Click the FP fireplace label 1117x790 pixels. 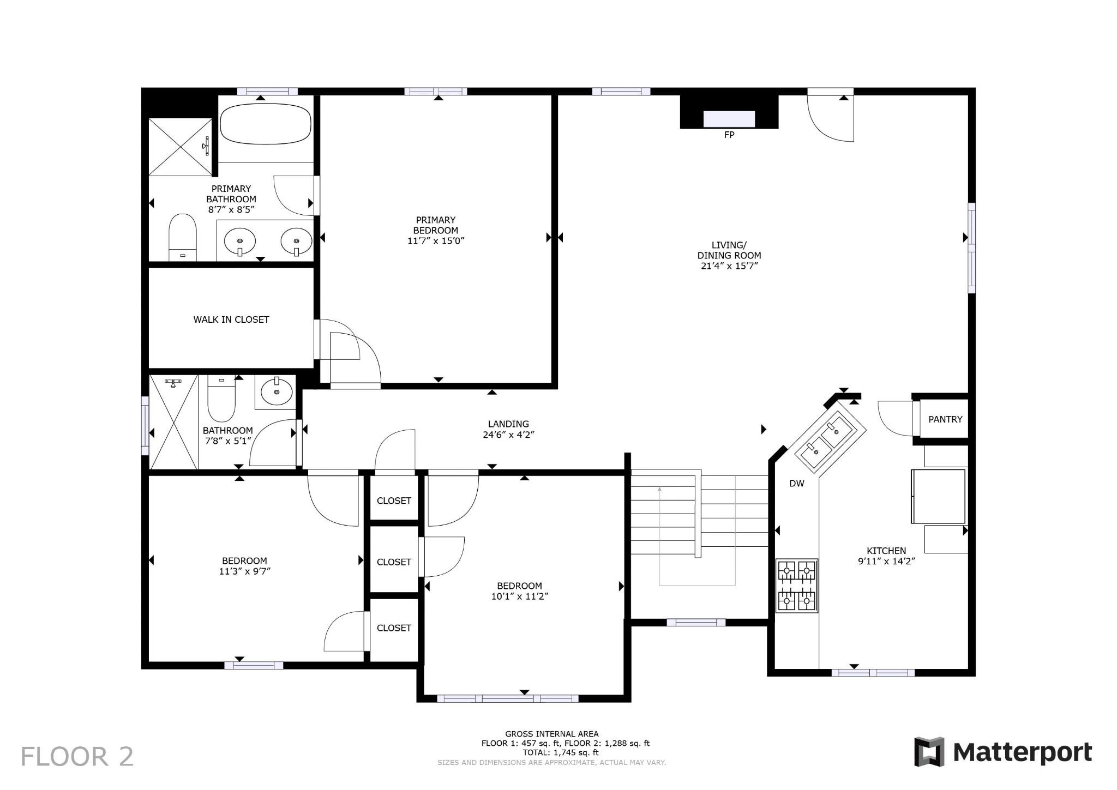point(729,135)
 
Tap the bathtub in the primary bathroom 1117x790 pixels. point(266,124)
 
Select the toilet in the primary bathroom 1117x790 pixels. point(183,238)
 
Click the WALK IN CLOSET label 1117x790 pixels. point(231,319)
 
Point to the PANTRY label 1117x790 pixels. point(945,419)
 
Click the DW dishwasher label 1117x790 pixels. point(797,483)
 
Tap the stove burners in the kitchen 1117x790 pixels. point(797,586)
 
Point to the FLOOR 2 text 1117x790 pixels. point(77,757)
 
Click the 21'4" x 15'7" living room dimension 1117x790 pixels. point(729,266)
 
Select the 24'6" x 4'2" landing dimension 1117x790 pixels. point(508,435)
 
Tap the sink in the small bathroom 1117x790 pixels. point(277,391)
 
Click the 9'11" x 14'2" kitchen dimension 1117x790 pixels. point(886,560)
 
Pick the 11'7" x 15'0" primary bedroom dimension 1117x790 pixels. point(436,240)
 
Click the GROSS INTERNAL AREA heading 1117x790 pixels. point(551,734)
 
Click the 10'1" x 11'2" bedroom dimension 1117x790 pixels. point(519,596)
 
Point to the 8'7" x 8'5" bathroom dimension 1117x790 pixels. point(231,209)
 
